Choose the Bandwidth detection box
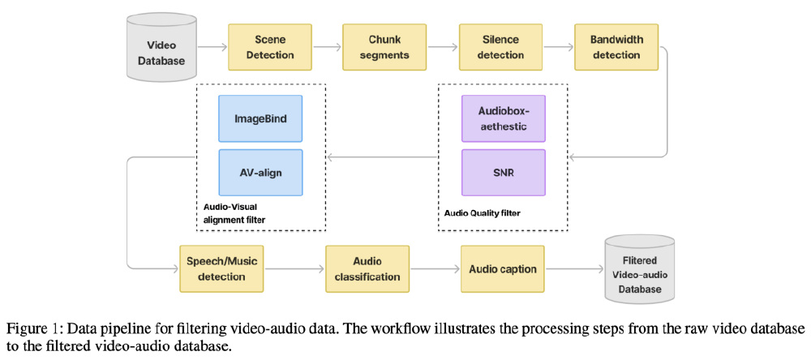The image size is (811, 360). [616, 47]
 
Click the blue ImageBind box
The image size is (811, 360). [260, 119]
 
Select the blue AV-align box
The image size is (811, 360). [260, 173]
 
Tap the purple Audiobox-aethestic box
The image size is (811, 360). [501, 119]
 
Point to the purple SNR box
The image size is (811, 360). [501, 173]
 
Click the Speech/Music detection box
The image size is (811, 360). [221, 268]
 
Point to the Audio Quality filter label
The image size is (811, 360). [483, 213]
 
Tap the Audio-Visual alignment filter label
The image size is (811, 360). [235, 213]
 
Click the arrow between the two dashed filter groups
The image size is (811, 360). [381, 156]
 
